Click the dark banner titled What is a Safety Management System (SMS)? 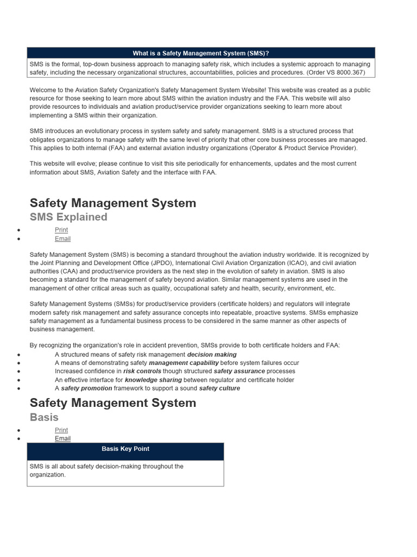click(201, 53)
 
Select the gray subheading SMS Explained click(68, 217)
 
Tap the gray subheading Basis click(44, 417)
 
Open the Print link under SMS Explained click(61, 230)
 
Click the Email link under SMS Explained click(62, 239)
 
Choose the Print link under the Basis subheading click(61, 430)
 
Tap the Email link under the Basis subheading click(62, 439)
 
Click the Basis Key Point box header click(125, 449)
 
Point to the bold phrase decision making click(212, 354)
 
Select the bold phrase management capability click(184, 363)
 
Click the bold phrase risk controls click(142, 372)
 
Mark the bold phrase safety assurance click(239, 372)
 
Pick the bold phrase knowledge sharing click(153, 380)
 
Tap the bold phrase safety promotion click(86, 388)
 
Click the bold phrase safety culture click(219, 388)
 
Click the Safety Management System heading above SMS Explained click(113, 203)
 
